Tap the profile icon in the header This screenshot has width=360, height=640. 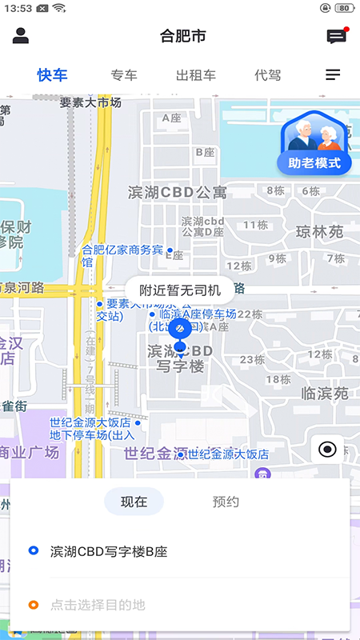click(21, 36)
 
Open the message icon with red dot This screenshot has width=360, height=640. click(336, 36)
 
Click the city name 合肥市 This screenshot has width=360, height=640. click(182, 36)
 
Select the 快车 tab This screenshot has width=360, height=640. click(53, 75)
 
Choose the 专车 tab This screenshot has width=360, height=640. click(124, 75)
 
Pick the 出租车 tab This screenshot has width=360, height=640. click(196, 75)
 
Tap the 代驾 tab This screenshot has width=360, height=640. click(268, 75)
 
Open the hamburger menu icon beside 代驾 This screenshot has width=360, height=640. click(333, 75)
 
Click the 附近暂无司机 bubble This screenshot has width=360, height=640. click(180, 290)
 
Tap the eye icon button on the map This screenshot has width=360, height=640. click(327, 450)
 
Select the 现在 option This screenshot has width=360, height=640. click(134, 502)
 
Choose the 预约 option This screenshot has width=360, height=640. click(226, 502)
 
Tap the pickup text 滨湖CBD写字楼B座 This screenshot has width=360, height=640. click(109, 551)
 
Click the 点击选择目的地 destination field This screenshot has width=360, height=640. click(98, 606)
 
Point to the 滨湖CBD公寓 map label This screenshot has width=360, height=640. click(178, 192)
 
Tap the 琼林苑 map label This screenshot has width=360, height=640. click(319, 232)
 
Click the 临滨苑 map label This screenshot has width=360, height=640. click(325, 393)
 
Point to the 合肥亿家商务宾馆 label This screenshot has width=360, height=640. click(122, 255)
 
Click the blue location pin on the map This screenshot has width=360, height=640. click(180, 330)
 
